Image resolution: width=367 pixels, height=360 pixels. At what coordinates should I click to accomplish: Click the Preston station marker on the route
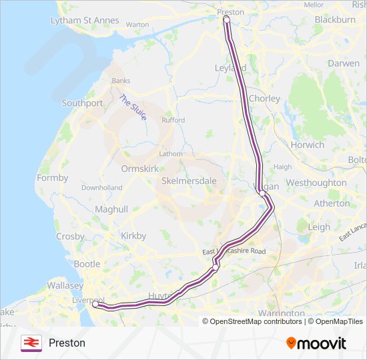tap(226, 19)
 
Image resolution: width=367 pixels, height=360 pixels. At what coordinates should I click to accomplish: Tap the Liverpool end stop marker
tap(95, 305)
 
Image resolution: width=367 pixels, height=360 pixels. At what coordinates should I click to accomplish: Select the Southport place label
tap(82, 103)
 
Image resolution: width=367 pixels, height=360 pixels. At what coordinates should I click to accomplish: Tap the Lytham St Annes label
tap(85, 21)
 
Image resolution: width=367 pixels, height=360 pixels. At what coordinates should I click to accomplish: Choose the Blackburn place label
tap(334, 20)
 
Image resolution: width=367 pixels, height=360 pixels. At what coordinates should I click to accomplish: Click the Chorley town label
tap(264, 99)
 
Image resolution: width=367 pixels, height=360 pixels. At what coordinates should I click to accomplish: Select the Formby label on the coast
tap(53, 178)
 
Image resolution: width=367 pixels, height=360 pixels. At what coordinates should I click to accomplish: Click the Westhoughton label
tap(316, 183)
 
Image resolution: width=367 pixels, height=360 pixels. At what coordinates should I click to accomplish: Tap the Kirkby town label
tap(133, 236)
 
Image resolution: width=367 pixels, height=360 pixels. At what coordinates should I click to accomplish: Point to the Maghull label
tap(111, 209)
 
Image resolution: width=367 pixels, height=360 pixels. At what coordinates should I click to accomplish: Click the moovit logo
tap(316, 343)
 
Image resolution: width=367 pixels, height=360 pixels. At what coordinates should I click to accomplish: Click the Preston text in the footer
tap(67, 343)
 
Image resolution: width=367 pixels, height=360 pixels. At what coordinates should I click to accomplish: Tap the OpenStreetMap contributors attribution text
tap(256, 321)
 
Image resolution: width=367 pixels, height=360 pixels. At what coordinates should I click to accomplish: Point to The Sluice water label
tap(133, 108)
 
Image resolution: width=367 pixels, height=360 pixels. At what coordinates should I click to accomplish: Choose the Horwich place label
tap(308, 145)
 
